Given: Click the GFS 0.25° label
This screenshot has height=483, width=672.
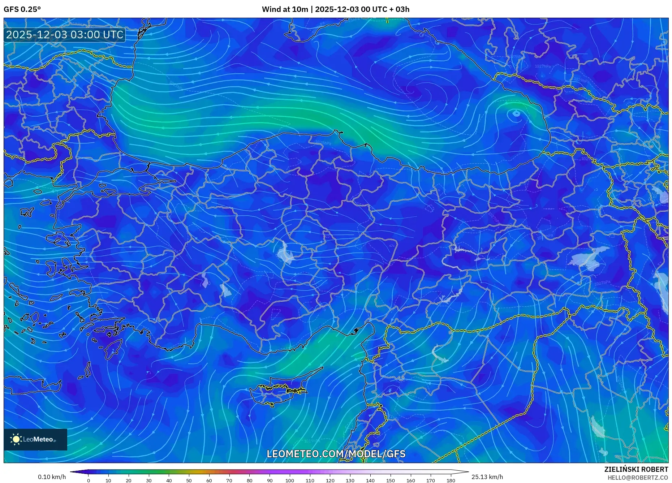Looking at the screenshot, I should [22, 9].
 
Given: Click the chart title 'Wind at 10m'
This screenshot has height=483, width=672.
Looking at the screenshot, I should [285, 9].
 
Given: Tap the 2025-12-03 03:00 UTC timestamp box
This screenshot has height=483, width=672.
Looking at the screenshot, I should [65, 35].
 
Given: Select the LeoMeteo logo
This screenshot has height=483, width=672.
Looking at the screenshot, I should [35, 439].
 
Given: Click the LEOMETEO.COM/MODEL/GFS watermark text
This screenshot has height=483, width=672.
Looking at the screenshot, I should [336, 454].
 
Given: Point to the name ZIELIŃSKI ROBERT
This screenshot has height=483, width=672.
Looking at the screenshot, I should [636, 469].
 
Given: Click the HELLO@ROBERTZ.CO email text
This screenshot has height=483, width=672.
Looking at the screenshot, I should [638, 478].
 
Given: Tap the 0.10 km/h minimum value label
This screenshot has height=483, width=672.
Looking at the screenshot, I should [52, 477].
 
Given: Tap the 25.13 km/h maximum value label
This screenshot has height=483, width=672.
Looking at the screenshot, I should [487, 477].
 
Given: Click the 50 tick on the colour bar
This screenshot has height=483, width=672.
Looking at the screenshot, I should [189, 480].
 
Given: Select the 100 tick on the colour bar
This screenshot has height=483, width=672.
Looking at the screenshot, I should [290, 480].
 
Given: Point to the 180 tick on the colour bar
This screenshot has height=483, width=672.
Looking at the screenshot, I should [451, 480].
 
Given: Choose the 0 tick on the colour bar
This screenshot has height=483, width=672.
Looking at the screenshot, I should [88, 480].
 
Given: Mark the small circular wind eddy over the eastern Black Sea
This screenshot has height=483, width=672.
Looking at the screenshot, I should [516, 114].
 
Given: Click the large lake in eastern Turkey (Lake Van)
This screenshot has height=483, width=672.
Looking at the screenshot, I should [589, 258].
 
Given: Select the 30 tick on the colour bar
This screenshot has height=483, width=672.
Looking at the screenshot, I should [148, 480].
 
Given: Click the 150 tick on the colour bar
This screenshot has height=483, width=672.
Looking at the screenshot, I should [390, 480].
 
